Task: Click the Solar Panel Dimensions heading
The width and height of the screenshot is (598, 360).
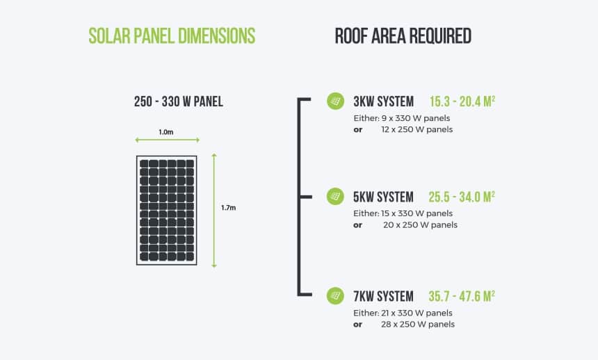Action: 172,35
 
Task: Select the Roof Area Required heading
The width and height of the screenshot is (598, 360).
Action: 403,35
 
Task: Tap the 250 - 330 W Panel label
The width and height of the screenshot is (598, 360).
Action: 179,101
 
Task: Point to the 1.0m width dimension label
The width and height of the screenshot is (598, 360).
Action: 165,131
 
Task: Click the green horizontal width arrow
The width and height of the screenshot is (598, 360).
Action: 167,140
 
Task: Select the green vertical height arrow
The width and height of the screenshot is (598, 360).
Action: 214,210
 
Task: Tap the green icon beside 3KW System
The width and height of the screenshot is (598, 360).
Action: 335,101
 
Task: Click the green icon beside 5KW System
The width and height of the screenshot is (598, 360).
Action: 335,197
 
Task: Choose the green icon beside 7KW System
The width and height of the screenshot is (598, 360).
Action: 335,296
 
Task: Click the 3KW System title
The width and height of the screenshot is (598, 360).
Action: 383,101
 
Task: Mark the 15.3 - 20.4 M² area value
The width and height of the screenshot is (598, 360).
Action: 462,101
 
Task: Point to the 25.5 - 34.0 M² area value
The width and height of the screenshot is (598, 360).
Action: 462,197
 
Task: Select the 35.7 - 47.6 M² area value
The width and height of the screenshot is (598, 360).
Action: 462,297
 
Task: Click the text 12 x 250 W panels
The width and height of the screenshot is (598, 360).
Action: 417,129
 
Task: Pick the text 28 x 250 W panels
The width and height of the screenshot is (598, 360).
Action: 418,325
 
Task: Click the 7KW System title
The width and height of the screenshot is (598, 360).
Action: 383,297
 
